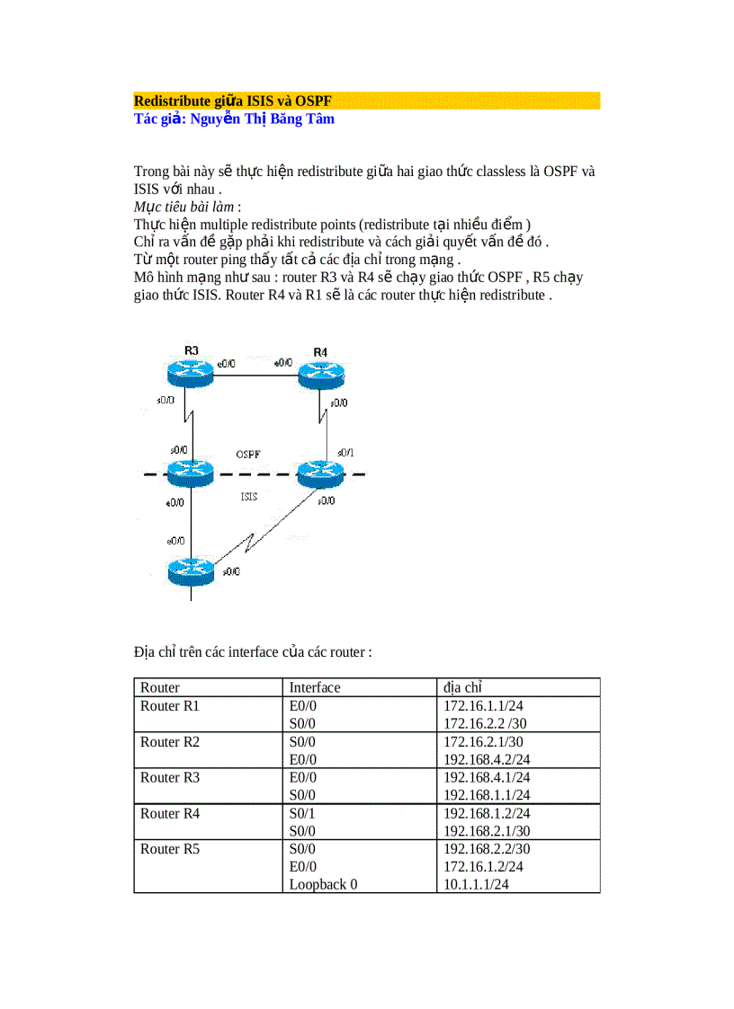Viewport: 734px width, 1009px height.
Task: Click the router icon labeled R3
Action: tap(191, 370)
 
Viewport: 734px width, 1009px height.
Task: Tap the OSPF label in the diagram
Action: tap(249, 454)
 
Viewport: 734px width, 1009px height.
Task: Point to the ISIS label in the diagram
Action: tap(250, 496)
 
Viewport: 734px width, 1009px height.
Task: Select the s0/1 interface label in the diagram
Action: tap(345, 451)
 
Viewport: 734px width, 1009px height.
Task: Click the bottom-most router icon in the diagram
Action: tap(191, 571)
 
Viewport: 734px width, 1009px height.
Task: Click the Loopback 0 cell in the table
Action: tap(323, 884)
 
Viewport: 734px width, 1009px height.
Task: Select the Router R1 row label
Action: tap(170, 705)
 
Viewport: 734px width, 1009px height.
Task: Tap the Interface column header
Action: tap(315, 687)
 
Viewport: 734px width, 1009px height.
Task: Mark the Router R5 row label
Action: tap(170, 849)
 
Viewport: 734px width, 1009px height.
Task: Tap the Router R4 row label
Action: tap(170, 813)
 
